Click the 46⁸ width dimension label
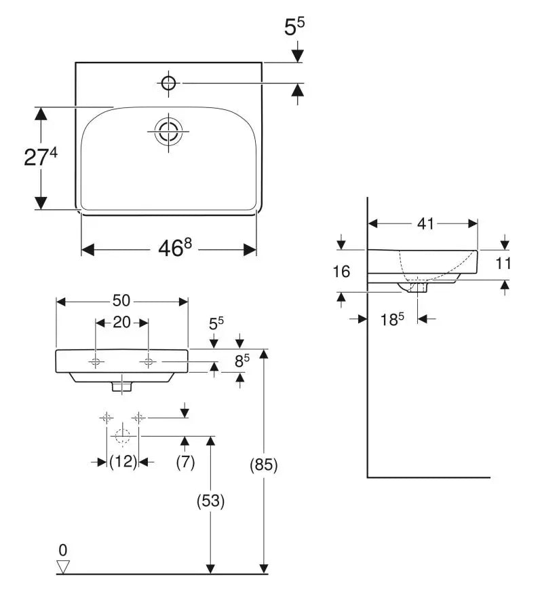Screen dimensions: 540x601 click(175, 248)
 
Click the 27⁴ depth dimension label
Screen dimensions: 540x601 click(41, 156)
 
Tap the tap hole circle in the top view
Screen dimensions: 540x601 click(168, 83)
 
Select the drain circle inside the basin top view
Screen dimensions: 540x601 click(168, 131)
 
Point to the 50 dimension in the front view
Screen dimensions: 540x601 click(121, 300)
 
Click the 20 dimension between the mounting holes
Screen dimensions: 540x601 click(122, 323)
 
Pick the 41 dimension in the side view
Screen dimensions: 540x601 click(425, 223)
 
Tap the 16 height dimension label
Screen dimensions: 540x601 click(341, 272)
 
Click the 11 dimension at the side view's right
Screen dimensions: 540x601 click(503, 263)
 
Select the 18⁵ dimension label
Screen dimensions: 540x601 click(392, 319)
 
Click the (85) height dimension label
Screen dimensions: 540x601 click(263, 465)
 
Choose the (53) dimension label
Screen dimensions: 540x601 click(210, 501)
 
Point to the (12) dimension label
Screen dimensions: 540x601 click(123, 462)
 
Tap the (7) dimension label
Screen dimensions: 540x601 click(185, 462)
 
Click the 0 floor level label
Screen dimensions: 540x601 click(63, 550)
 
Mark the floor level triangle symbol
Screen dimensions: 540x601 click(63, 566)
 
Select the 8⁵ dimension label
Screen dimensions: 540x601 click(242, 361)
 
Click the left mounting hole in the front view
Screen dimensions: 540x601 click(96, 361)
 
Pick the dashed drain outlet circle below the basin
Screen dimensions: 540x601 click(123, 436)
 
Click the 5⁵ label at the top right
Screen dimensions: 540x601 click(294, 27)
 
